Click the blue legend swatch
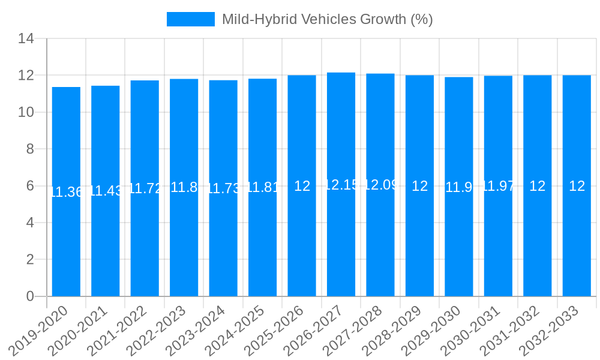click(x=190, y=19)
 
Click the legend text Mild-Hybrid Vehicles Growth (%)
click(x=327, y=19)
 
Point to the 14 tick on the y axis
click(x=26, y=39)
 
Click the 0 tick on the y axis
click(x=30, y=296)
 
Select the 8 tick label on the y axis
click(x=30, y=149)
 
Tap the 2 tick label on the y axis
click(x=30, y=259)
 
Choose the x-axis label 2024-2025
click(x=238, y=330)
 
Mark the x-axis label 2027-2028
click(x=355, y=330)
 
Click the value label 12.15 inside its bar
click(x=341, y=185)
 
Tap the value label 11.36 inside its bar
click(x=66, y=192)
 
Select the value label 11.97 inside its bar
click(x=499, y=186)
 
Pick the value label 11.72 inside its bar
click(x=145, y=188)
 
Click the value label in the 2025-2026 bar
click(x=302, y=186)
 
